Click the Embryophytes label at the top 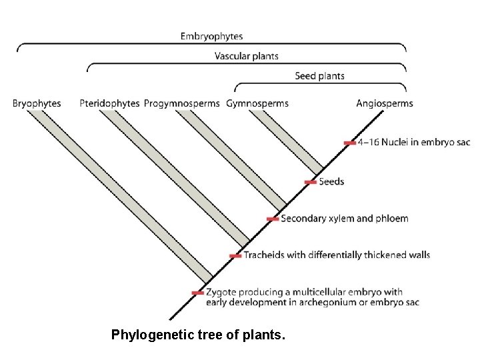pyautogui.click(x=211, y=35)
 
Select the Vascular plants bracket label pyautogui.click(x=246, y=56)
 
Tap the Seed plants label pyautogui.click(x=319, y=76)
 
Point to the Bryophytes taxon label pyautogui.click(x=37, y=103)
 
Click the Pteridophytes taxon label pyautogui.click(x=109, y=103)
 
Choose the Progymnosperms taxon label pyautogui.click(x=181, y=103)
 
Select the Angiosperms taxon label pyautogui.click(x=385, y=103)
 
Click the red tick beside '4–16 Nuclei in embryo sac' pyautogui.click(x=349, y=143)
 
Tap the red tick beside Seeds pyautogui.click(x=310, y=181)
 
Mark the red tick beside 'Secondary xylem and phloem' pyautogui.click(x=272, y=219)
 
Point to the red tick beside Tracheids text pyautogui.click(x=235, y=256)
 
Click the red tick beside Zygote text pyautogui.click(x=197, y=293)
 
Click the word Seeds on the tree pyautogui.click(x=331, y=181)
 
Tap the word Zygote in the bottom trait pyautogui.click(x=221, y=292)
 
